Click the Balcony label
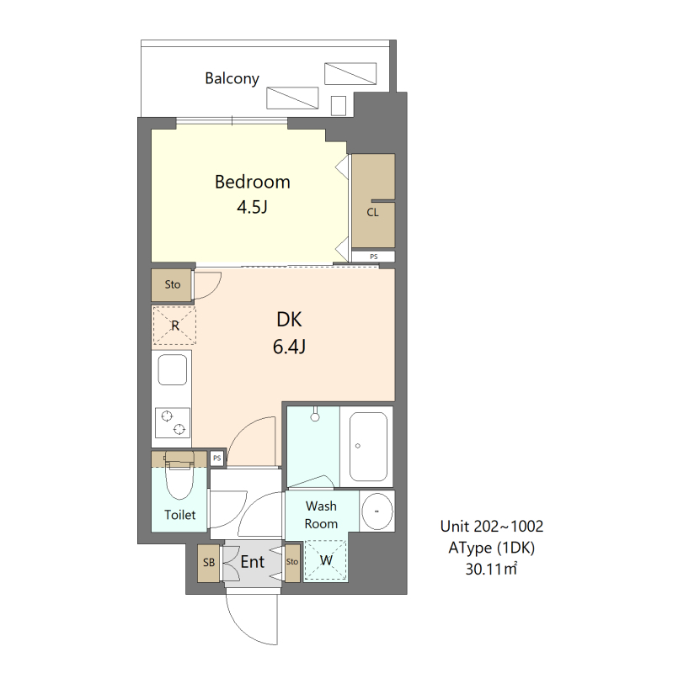(232, 78)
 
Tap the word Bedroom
(252, 182)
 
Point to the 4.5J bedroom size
(252, 206)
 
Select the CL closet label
(372, 212)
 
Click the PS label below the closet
(372, 256)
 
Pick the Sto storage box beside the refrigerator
(173, 285)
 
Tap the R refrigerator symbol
(174, 326)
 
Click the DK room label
(289, 320)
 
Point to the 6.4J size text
(288, 346)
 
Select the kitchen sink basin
(172, 371)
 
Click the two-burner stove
(172, 422)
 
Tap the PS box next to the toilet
(217, 458)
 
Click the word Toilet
(179, 515)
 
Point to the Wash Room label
(321, 515)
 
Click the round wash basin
(377, 511)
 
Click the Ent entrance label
(253, 561)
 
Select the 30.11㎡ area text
(491, 570)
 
